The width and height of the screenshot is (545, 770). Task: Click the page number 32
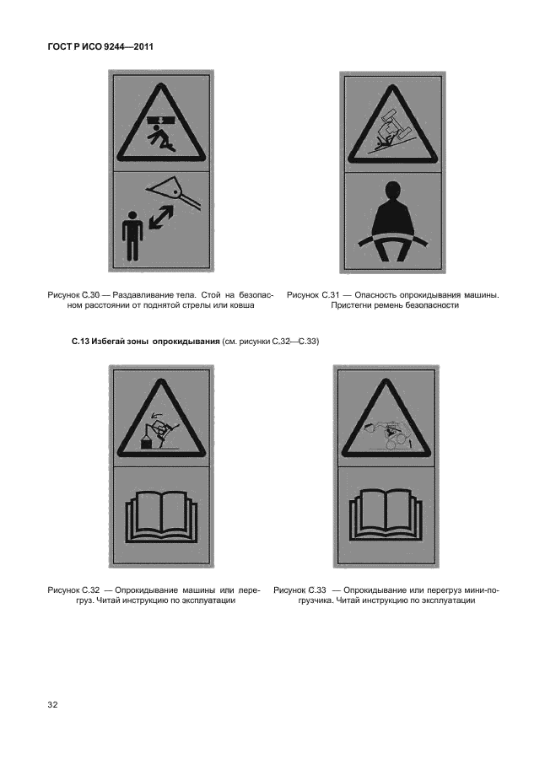coord(52,705)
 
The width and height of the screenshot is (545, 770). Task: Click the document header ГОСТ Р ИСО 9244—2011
coord(100,47)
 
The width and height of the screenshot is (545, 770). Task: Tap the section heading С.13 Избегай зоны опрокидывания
coord(145,342)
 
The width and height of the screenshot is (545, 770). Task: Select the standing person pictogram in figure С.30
coord(132,235)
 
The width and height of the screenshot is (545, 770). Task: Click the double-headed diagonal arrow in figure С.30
coord(160,217)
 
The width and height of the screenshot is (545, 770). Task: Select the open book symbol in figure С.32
coord(161,517)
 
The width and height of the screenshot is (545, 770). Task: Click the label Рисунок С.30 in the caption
coord(73,295)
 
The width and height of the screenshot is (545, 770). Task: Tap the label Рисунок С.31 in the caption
coord(313,295)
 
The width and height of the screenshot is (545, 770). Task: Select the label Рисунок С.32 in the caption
coord(73,590)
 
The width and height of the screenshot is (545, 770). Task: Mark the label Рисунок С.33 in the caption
coord(299,590)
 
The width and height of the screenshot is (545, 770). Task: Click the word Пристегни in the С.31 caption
coord(350,305)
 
